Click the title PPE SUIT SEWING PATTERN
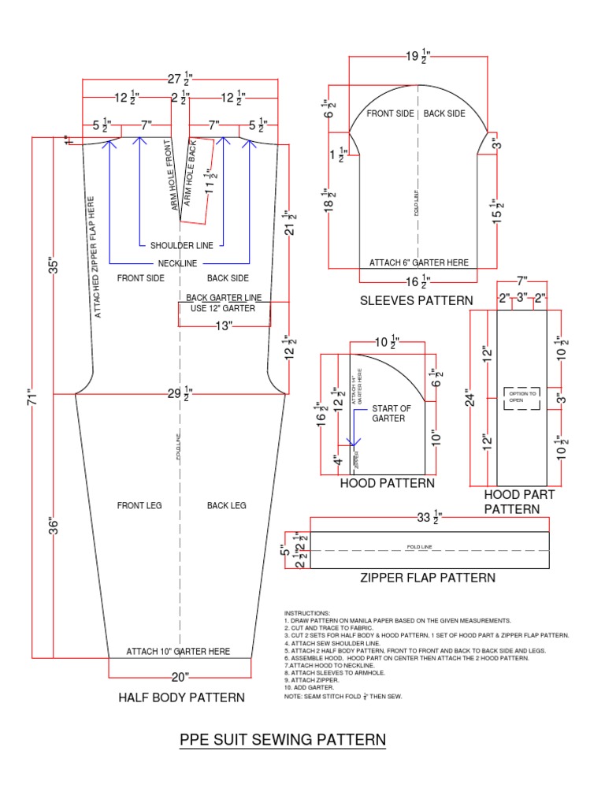[x=283, y=740]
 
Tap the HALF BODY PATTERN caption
[x=181, y=697]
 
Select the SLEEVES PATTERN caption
[x=417, y=300]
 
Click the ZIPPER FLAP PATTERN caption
[x=428, y=578]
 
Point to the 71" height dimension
[x=32, y=397]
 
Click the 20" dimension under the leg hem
[x=181, y=676]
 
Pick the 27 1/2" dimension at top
[x=181, y=79]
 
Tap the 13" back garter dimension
[x=224, y=326]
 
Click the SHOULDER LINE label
[x=181, y=245]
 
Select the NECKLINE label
[x=177, y=262]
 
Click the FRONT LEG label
[x=139, y=505]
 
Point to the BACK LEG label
[x=227, y=505]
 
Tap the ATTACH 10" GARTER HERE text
[x=179, y=652]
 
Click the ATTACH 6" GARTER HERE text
[x=419, y=262]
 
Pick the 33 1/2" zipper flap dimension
[x=429, y=518]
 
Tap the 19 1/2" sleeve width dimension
[x=418, y=56]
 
